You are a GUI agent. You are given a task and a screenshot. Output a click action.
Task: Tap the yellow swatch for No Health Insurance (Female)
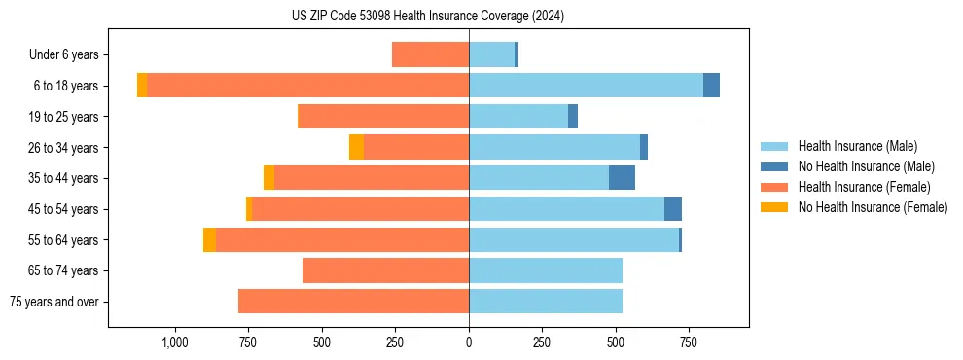click(x=774, y=207)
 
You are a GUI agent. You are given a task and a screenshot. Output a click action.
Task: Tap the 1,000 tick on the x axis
click(x=175, y=342)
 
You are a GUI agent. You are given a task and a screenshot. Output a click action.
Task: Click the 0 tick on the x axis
click(x=469, y=342)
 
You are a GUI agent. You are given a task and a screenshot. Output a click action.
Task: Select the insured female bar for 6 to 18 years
click(x=307, y=86)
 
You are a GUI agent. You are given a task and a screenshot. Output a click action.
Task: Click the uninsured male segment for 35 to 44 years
click(x=622, y=178)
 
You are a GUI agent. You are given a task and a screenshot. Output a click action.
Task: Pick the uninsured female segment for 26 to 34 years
click(x=356, y=147)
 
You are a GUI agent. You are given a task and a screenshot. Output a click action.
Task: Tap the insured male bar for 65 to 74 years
click(x=546, y=270)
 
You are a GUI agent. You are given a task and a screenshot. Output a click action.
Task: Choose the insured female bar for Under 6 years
click(x=430, y=54)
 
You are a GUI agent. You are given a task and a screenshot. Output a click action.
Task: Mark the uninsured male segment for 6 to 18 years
click(x=711, y=86)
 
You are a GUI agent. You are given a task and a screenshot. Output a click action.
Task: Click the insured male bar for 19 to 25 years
click(x=518, y=117)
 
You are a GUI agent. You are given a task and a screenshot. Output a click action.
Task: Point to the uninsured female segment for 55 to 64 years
click(x=209, y=239)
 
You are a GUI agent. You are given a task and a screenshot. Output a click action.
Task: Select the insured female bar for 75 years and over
click(x=353, y=302)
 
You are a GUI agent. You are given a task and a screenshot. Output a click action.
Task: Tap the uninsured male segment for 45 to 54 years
click(x=672, y=209)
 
